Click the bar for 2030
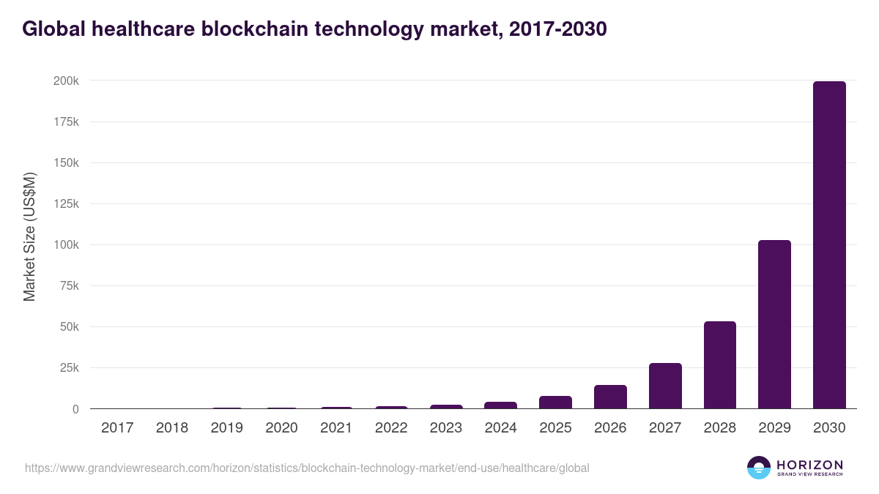[829, 245]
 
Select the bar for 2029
[774, 324]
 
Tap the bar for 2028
[719, 365]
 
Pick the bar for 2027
[665, 386]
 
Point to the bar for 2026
[610, 397]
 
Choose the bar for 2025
[555, 403]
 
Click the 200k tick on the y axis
[66, 81]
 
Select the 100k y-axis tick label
[66, 244]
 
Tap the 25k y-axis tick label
[68, 368]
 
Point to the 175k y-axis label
[66, 121]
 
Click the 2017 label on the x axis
[117, 428]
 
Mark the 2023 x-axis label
[446, 428]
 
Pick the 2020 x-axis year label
[281, 428]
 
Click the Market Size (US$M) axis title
[29, 237]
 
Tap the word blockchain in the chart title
[248, 29]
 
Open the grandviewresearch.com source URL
[307, 468]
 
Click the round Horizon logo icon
[758, 468]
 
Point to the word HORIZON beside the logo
[809, 464]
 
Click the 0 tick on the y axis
[75, 409]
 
